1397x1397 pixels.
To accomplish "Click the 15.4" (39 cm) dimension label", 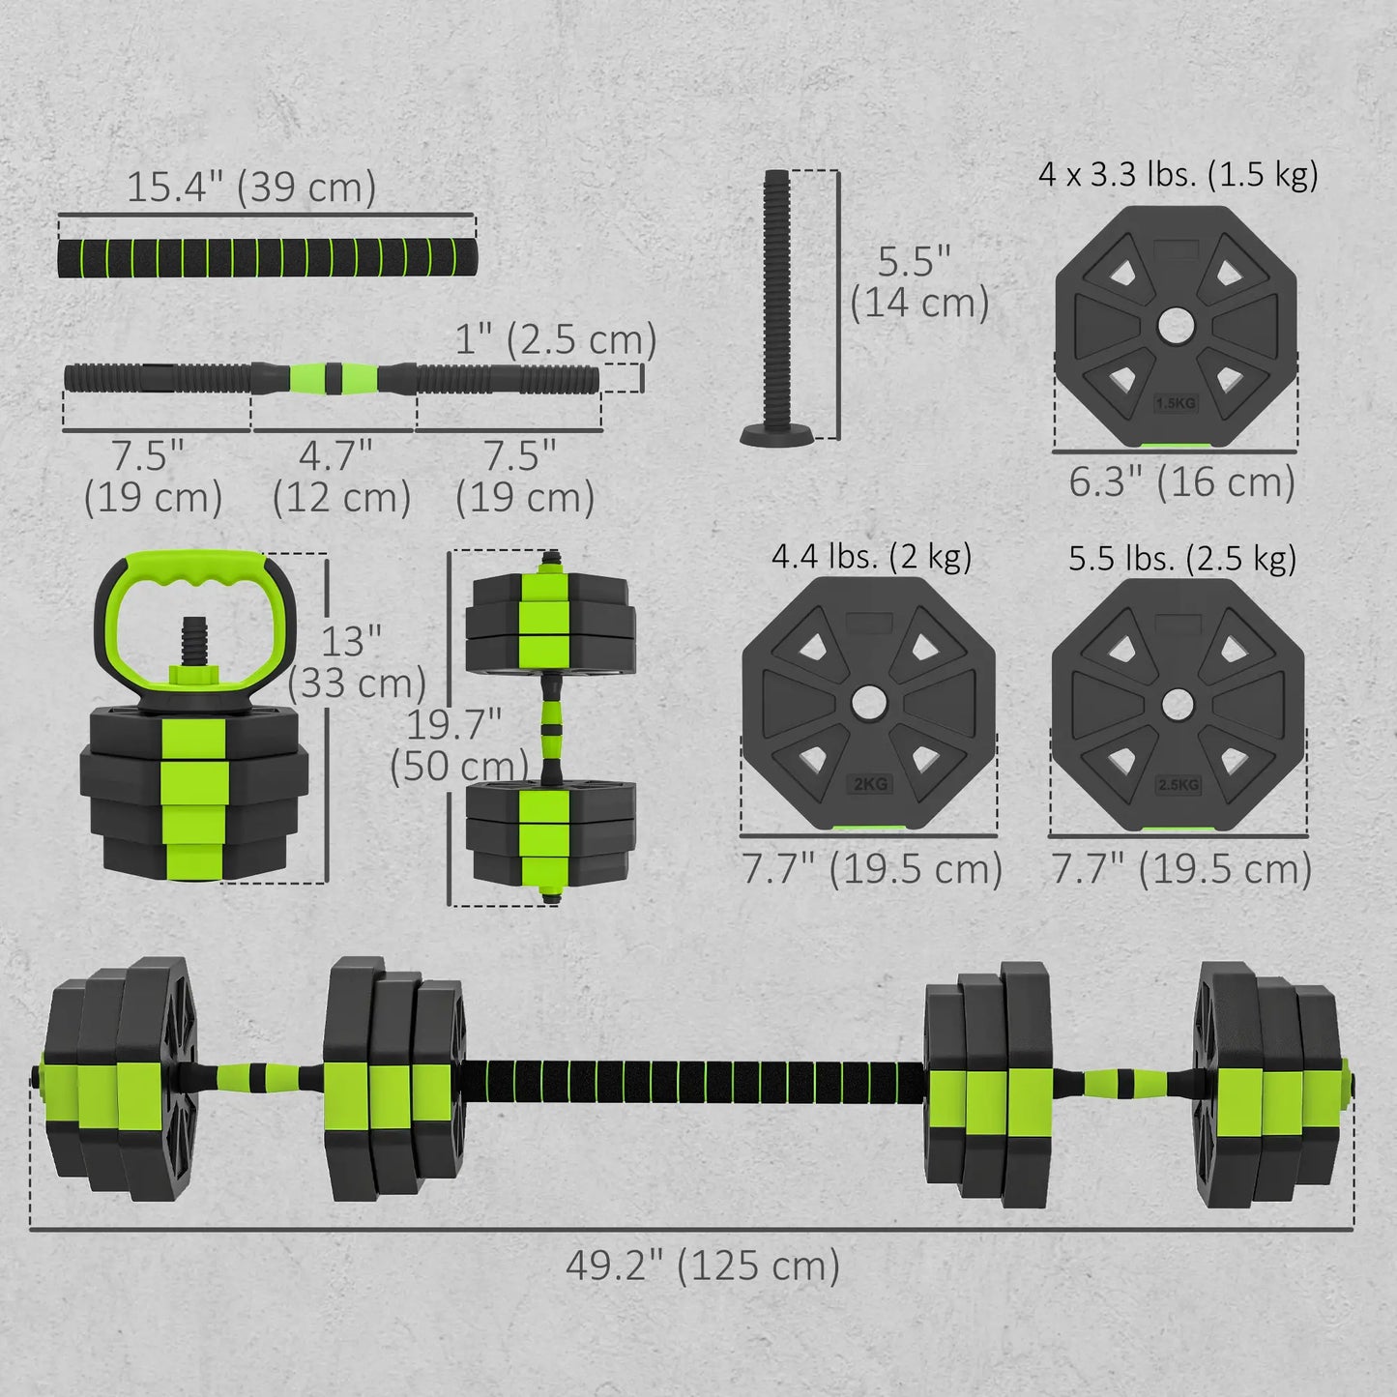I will [251, 187].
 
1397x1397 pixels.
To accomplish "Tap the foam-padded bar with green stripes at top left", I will [266, 257].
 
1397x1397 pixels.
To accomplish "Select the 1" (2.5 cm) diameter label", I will [556, 340].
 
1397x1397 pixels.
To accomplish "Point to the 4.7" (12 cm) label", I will [341, 477].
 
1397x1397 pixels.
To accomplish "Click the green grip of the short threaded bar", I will [334, 377].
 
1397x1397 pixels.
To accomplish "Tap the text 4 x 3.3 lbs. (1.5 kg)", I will [1179, 175].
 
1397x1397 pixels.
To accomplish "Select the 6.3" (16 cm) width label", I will [1181, 481].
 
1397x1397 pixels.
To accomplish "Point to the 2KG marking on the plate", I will [870, 784].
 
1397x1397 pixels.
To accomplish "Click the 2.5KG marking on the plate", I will [1179, 784].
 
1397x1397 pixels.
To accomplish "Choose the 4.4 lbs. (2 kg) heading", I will [871, 557].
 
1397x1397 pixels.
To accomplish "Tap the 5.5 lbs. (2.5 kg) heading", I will [1181, 559].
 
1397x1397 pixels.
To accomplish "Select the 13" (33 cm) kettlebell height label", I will [356, 662].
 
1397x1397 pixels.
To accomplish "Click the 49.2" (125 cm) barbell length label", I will [703, 1265].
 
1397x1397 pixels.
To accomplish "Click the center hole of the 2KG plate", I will [869, 703].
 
